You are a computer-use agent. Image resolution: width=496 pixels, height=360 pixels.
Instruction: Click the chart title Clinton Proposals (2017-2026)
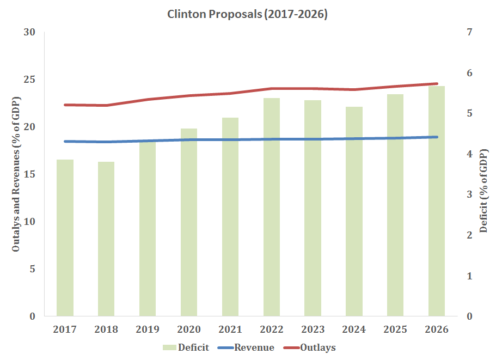248,15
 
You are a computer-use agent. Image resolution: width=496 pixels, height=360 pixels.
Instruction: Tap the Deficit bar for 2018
106,239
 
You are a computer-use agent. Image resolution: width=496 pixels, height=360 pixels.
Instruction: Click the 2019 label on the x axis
148,330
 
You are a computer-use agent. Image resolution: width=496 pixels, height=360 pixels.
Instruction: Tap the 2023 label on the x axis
313,330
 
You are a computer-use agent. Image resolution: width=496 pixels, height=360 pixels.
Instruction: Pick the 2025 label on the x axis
395,330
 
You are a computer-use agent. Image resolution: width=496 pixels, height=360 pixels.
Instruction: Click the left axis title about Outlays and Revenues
16,174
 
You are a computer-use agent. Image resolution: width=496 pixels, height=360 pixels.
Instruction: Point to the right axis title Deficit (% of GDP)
483,174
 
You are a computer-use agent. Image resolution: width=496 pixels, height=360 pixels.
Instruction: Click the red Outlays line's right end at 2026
437,84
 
